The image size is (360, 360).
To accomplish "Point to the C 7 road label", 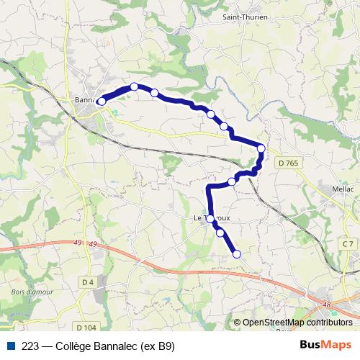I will pyautogui.click(x=348, y=244).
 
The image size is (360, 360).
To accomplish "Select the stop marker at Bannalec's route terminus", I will pyautogui.click(x=102, y=102).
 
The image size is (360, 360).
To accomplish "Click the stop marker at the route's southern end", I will pyautogui.click(x=236, y=253).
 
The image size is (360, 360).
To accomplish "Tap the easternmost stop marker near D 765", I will pyautogui.click(x=261, y=149).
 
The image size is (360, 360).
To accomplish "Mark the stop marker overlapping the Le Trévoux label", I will pyautogui.click(x=211, y=219).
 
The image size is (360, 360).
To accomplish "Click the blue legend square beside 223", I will pyautogui.click(x=11, y=346).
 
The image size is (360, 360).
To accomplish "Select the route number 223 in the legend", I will pyautogui.click(x=31, y=346).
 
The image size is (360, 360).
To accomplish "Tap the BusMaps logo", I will pyautogui.click(x=325, y=345).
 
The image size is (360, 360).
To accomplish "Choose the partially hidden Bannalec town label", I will pyautogui.click(x=85, y=100).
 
